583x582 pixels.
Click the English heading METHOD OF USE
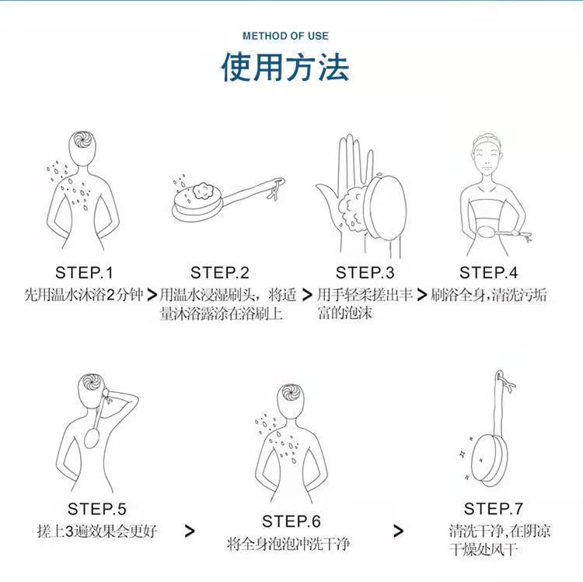point(285,36)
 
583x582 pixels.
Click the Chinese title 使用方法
point(285,68)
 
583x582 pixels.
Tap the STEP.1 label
point(84,273)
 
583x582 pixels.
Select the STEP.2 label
point(219,273)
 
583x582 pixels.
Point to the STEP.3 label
point(365,273)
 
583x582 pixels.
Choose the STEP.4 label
point(489,273)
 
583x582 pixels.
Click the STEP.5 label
point(96,509)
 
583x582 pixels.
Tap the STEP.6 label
point(291,521)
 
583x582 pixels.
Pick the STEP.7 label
point(494,508)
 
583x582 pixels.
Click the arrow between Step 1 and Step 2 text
point(152,295)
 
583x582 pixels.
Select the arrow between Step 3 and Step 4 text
point(422,295)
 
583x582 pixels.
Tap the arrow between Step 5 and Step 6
point(190,531)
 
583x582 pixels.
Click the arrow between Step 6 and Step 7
point(398,531)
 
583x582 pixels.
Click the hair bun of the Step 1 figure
point(82,140)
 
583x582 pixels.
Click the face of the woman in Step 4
point(487,158)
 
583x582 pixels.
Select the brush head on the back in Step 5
point(92,437)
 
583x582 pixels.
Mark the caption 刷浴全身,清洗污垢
point(489,295)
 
